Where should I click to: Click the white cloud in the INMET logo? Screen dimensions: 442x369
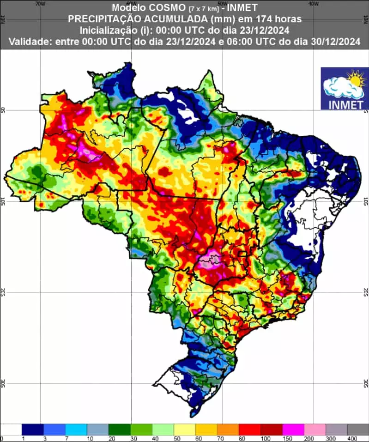click(x=340, y=86)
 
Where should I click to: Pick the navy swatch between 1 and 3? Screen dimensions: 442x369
click(x=32, y=430)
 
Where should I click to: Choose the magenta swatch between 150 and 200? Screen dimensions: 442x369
click(x=293, y=430)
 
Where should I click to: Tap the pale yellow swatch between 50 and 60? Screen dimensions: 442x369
click(x=185, y=430)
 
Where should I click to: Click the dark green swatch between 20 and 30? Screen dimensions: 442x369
click(x=120, y=430)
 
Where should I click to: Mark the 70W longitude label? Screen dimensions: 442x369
click(x=40, y=4)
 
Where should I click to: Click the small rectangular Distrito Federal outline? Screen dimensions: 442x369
click(x=241, y=253)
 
